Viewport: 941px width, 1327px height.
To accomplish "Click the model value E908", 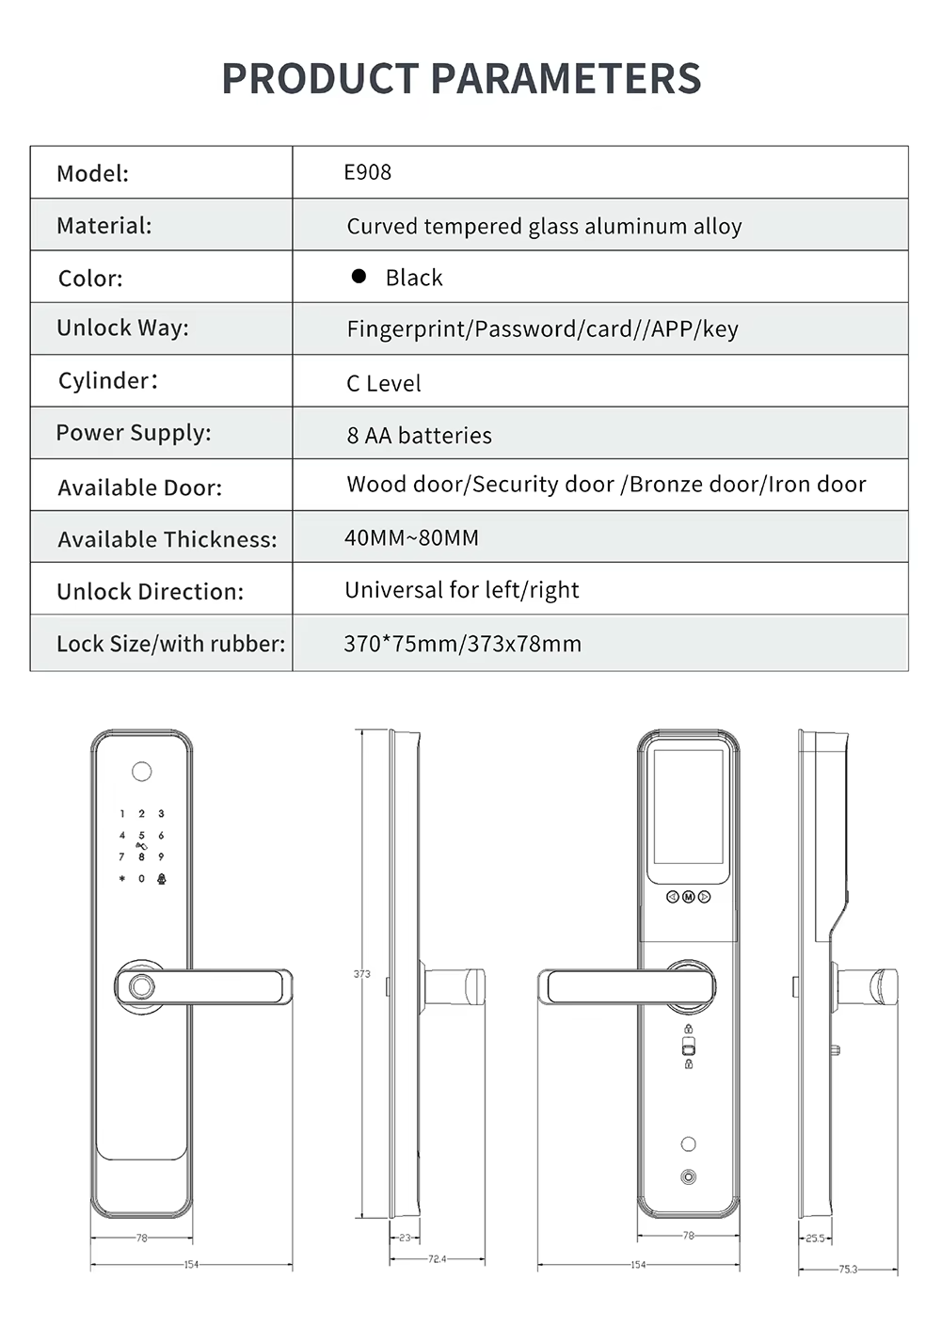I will [367, 172].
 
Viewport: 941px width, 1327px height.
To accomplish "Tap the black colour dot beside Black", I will [359, 276].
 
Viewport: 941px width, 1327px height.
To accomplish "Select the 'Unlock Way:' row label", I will [122, 328].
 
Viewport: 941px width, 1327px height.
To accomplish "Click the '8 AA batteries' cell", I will [419, 435].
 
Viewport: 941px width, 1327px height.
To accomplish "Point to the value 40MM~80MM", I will [411, 537].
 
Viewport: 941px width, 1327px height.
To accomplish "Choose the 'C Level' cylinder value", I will [383, 383].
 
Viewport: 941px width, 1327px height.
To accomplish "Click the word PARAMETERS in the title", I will [566, 78].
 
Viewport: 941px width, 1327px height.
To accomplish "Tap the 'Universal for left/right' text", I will [461, 590].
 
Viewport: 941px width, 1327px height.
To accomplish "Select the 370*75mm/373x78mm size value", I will [462, 644].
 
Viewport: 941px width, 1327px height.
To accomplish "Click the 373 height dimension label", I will [361, 974].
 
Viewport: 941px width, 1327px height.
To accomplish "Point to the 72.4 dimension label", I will [437, 1259].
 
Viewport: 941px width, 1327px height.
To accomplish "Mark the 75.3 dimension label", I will [848, 1270].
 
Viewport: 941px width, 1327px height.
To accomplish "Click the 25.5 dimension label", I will [815, 1239].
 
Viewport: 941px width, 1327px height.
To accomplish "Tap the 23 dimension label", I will [405, 1238].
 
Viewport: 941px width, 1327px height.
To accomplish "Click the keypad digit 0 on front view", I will [141, 878].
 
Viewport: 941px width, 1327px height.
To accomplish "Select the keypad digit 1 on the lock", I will [121, 814].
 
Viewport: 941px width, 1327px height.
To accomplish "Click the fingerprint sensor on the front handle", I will [141, 988].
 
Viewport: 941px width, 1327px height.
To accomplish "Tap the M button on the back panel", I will [688, 897].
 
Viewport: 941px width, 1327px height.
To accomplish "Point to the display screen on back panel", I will [688, 807].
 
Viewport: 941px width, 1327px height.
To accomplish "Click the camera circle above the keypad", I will [141, 772].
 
